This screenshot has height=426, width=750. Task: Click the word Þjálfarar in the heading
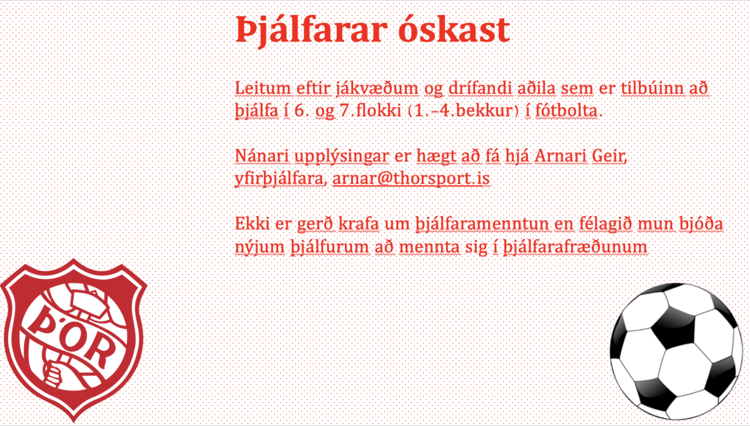tap(311, 31)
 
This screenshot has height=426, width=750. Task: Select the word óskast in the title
tap(454, 29)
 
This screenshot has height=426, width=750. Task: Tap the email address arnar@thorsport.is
tap(411, 178)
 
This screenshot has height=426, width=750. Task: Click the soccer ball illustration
tap(676, 352)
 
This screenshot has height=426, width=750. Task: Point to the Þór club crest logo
tap(74, 340)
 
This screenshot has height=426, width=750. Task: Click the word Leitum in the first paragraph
tap(263, 88)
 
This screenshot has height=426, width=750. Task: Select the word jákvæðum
tap(377, 89)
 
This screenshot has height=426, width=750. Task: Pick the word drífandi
tap(481, 88)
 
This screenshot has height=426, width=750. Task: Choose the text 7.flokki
tap(370, 111)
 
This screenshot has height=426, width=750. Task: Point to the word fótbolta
tap(566, 111)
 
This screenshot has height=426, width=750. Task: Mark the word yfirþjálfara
tap(279, 179)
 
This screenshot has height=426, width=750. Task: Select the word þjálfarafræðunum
tap(575, 247)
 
